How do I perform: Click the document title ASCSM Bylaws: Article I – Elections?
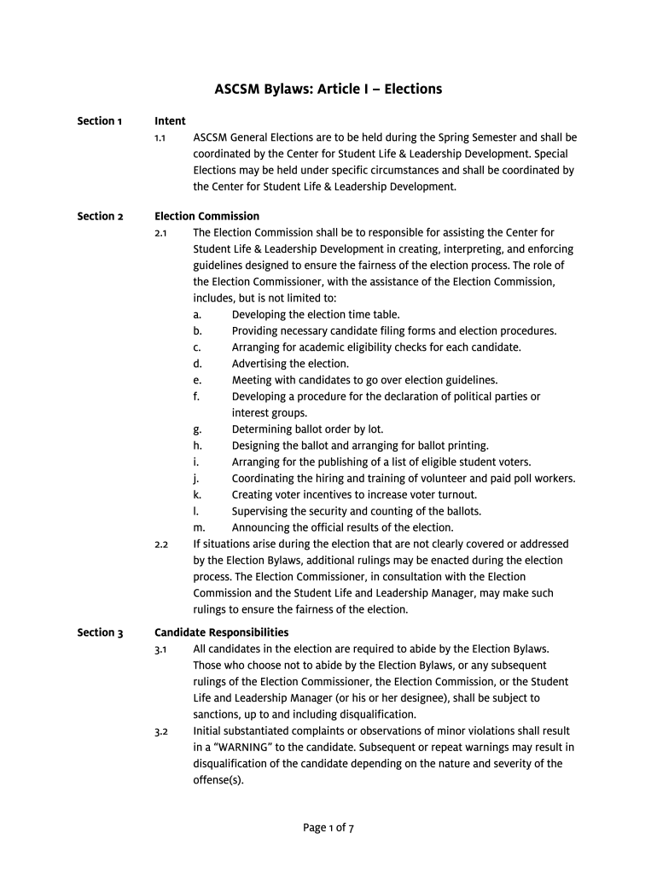(x=328, y=89)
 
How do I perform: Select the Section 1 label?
(x=100, y=121)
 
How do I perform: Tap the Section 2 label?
(x=100, y=217)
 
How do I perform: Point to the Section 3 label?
(x=100, y=633)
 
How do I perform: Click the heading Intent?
(x=170, y=121)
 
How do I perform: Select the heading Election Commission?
(x=206, y=217)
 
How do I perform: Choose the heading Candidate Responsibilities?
(x=221, y=633)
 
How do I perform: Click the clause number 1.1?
(x=160, y=137)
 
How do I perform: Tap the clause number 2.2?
(x=160, y=545)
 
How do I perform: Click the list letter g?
(x=197, y=430)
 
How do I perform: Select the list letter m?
(x=199, y=528)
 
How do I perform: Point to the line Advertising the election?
(x=290, y=364)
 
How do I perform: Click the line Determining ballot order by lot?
(x=307, y=430)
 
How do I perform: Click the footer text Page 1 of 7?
(x=328, y=828)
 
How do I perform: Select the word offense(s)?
(x=218, y=780)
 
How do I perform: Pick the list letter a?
(x=197, y=315)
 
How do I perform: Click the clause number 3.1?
(x=160, y=650)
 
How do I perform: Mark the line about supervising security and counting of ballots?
(x=357, y=512)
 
